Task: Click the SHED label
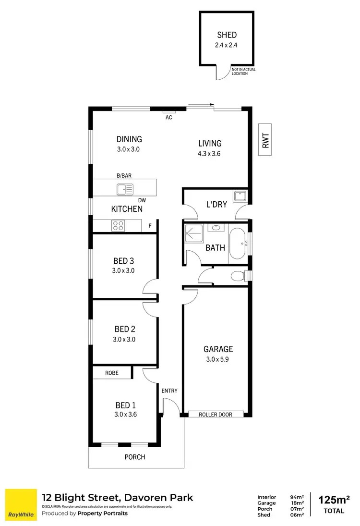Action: click(227, 35)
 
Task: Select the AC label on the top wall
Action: click(168, 117)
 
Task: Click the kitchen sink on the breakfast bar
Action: click(124, 189)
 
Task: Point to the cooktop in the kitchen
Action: click(118, 225)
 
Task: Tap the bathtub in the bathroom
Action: click(237, 243)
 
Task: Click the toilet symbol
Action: click(237, 276)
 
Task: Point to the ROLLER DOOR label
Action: click(216, 414)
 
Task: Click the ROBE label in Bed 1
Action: click(112, 373)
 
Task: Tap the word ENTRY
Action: click(169, 391)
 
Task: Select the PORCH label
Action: click(135, 457)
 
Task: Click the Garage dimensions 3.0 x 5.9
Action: click(218, 358)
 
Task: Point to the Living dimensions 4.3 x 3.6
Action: click(210, 154)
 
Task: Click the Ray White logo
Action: click(21, 505)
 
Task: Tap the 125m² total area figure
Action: click(334, 500)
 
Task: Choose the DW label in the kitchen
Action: click(142, 200)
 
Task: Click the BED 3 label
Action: click(123, 261)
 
